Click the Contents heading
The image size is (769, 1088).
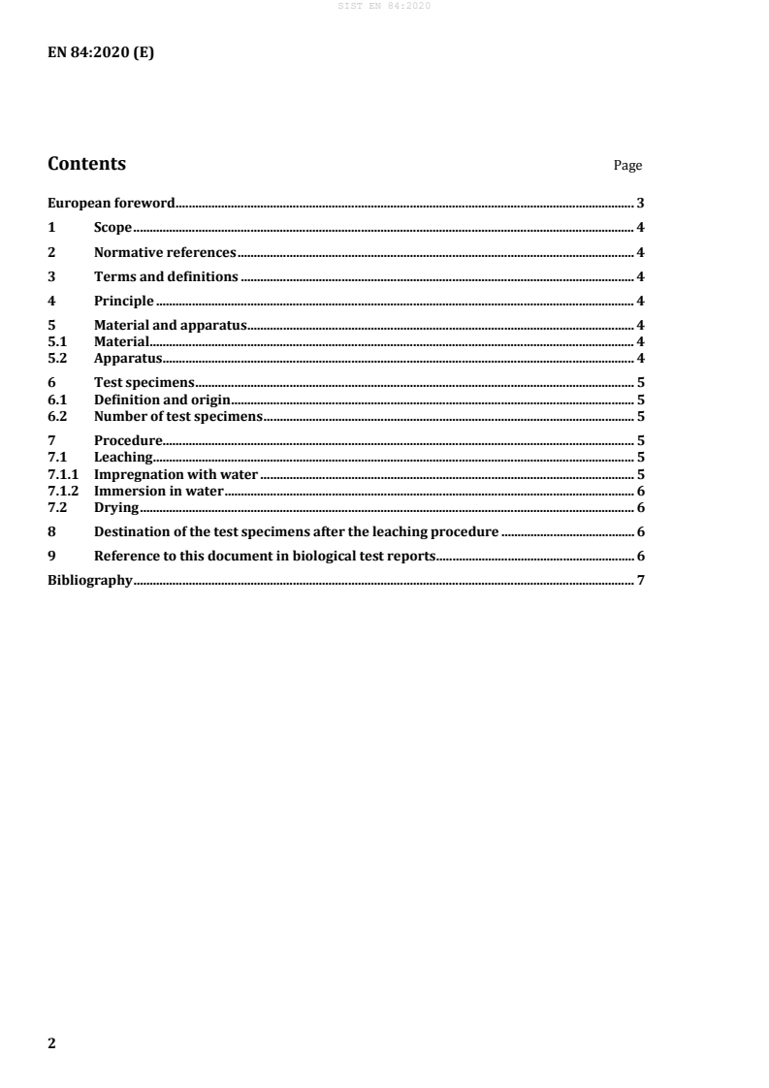[86, 164]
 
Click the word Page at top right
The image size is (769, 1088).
[627, 166]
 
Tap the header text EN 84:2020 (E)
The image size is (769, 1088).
[101, 54]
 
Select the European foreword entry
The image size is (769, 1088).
[111, 204]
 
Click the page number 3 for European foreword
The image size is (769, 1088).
[641, 204]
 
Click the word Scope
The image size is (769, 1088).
[112, 228]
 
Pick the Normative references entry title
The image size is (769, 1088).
[165, 253]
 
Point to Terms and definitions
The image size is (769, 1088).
[166, 277]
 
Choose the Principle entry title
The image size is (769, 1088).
[124, 302]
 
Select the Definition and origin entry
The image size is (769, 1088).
[161, 400]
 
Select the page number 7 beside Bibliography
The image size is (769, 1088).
[641, 581]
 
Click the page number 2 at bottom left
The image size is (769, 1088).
[52, 1043]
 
